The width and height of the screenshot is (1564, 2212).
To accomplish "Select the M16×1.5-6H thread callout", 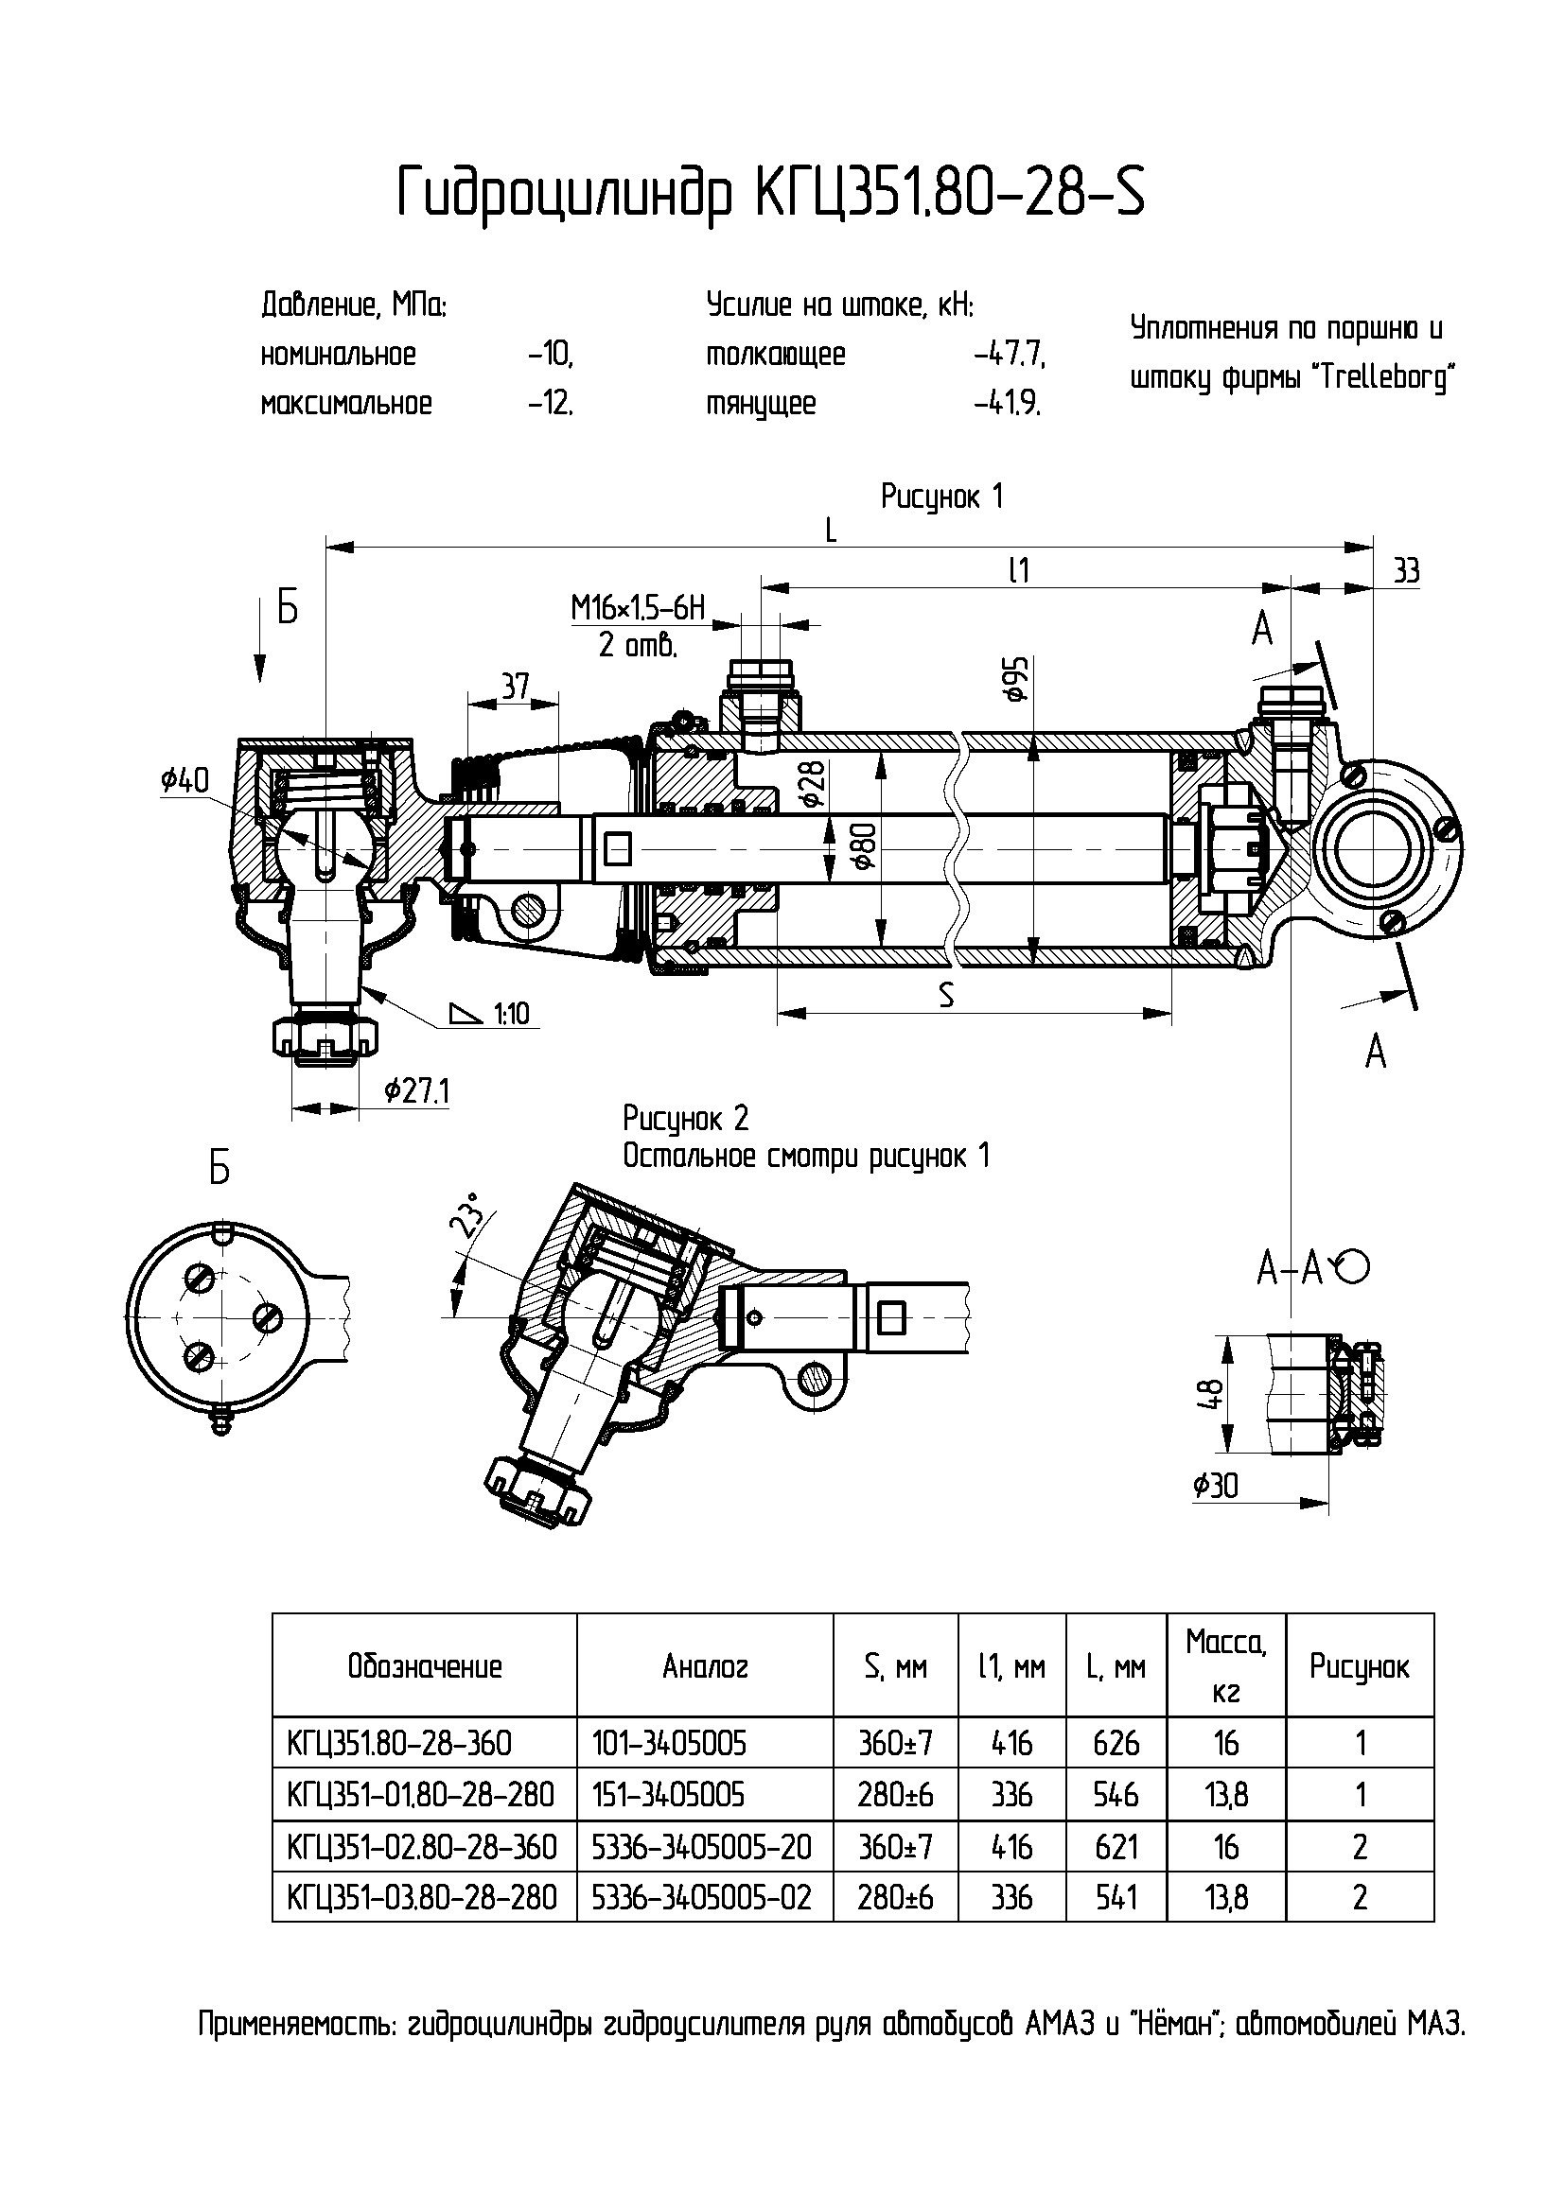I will [x=638, y=608].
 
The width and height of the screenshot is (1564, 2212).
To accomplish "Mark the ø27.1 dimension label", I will [x=416, y=1090].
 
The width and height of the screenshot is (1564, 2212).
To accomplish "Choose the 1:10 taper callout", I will [x=511, y=1014].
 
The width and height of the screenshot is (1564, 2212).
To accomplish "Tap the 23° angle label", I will [x=469, y=1215].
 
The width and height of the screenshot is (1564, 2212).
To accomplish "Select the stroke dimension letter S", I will [x=946, y=996].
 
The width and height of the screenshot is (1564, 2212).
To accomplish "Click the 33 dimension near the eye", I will [x=1406, y=571].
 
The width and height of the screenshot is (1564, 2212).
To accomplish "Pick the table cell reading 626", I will [x=1116, y=1743].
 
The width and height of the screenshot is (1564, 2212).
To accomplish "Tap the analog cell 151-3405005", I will [x=668, y=1794].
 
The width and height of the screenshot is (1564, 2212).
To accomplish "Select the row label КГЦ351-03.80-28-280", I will [x=422, y=1897].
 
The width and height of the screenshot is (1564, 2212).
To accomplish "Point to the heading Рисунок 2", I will [x=685, y=1118].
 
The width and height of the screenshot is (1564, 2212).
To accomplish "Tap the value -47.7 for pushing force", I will [x=1009, y=355].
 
